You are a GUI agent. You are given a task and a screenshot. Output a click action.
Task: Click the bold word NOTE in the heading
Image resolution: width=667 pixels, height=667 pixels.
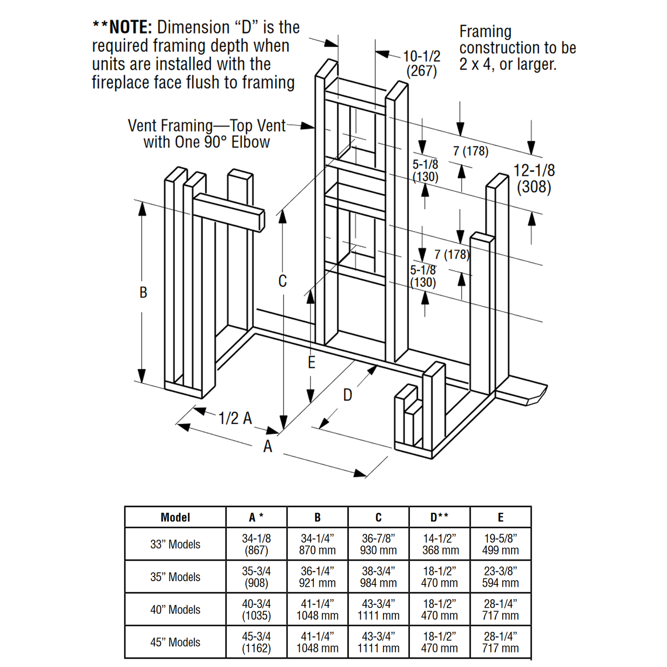pyautogui.click(x=130, y=28)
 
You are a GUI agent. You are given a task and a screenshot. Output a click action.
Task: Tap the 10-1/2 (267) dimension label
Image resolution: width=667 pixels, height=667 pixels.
pyautogui.click(x=421, y=64)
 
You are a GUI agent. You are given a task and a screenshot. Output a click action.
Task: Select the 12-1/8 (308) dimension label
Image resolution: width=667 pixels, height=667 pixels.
pyautogui.click(x=534, y=179)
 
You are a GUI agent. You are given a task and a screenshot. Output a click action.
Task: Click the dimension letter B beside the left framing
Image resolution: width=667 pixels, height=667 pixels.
pyautogui.click(x=143, y=293)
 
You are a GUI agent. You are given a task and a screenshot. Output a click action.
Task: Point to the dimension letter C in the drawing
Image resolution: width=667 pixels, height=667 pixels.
pyautogui.click(x=282, y=281)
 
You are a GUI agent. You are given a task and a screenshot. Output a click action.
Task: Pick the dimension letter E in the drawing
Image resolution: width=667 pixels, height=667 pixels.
pyautogui.click(x=312, y=363)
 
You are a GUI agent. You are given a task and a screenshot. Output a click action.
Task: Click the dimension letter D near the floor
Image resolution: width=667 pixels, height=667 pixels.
pyautogui.click(x=348, y=395)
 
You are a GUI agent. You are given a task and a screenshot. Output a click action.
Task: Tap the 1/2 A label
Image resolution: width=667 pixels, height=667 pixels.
pyautogui.click(x=235, y=419)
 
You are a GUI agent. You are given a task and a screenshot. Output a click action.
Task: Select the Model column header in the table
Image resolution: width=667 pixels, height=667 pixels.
pyautogui.click(x=175, y=517)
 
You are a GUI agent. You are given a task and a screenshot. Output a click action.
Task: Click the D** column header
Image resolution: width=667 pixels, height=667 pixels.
pyautogui.click(x=439, y=517)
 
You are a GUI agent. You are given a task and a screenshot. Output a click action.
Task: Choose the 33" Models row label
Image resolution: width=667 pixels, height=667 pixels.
pyautogui.click(x=175, y=545)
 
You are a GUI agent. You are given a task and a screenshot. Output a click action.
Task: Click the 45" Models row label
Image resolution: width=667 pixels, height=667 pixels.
pyautogui.click(x=175, y=643)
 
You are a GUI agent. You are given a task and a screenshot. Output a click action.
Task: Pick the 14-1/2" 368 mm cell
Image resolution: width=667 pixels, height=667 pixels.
pyautogui.click(x=439, y=545)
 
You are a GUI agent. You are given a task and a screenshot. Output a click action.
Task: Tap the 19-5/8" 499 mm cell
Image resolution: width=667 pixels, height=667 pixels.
pyautogui.click(x=500, y=545)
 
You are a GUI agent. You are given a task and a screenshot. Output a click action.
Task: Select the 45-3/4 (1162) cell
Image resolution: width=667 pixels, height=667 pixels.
pyautogui.click(x=256, y=643)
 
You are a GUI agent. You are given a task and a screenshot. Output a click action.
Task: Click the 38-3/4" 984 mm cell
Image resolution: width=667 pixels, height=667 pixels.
pyautogui.click(x=378, y=577)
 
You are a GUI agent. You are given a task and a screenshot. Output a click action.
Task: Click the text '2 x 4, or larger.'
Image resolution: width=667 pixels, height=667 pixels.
pyautogui.click(x=508, y=64)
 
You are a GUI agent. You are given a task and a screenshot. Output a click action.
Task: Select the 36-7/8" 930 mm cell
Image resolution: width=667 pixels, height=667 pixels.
pyautogui.click(x=378, y=545)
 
